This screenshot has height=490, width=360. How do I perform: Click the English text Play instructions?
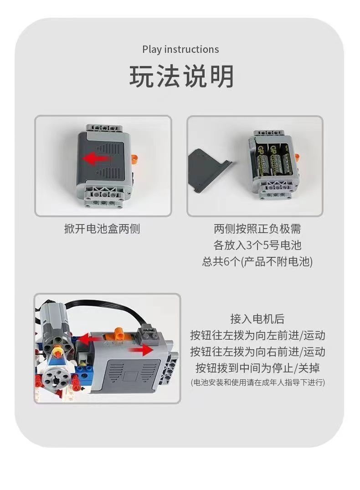click(180, 49)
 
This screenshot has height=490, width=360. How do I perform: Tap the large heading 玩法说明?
click(181, 77)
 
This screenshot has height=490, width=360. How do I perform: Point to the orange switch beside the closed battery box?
click(135, 158)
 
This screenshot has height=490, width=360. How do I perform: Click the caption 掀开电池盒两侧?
click(102, 229)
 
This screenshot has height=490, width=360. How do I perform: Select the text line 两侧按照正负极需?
click(257, 229)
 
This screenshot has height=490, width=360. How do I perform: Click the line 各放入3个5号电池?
click(257, 245)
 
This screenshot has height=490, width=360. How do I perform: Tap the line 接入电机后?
click(257, 319)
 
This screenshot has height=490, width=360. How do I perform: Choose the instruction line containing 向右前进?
click(257, 352)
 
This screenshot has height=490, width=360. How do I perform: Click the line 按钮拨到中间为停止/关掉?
click(257, 367)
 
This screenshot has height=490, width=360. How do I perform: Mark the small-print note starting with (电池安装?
click(257, 383)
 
